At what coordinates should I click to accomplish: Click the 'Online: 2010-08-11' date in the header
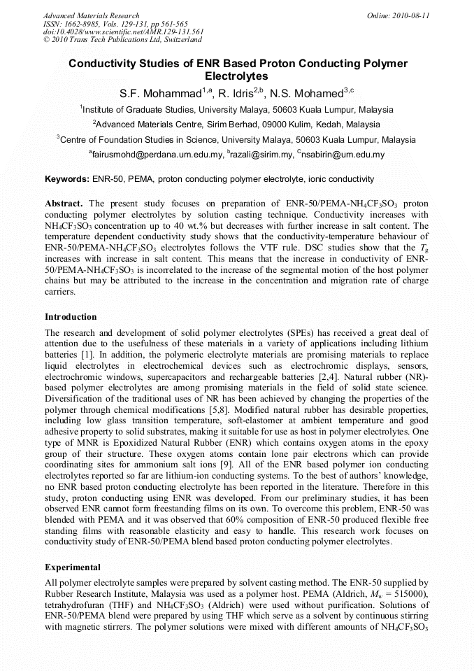[x=398, y=15]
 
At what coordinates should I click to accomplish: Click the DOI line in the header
[x=124, y=31]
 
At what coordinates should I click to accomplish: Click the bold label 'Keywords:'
[x=66, y=180]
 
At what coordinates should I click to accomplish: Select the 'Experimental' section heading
[x=74, y=567]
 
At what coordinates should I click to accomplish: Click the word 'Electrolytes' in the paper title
[x=237, y=76]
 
